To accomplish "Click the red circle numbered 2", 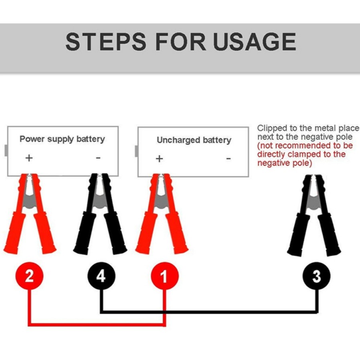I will tap(29, 276).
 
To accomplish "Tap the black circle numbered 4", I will tap(101, 276).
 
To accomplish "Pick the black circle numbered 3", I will tap(316, 276).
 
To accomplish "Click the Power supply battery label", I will tap(62, 139).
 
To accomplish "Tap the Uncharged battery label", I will tap(194, 140).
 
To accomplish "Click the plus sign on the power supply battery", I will tap(29, 158).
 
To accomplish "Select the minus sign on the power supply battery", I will tap(98, 158).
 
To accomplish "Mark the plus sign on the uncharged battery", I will tap(159, 159).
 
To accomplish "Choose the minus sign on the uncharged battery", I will tap(228, 159).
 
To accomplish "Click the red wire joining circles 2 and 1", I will tap(96, 324).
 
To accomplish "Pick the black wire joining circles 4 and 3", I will tap(208, 311).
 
